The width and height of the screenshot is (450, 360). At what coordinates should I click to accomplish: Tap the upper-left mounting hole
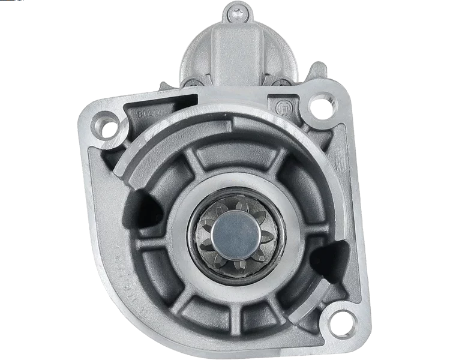[110, 128]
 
